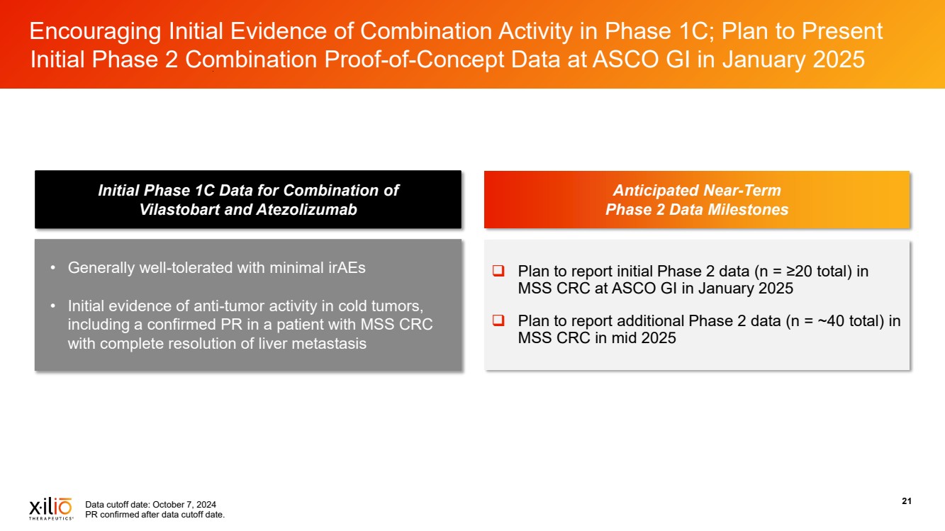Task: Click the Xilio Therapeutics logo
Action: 51,508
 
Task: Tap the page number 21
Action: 907,501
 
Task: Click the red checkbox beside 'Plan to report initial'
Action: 498,271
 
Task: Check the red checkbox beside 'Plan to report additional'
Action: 498,320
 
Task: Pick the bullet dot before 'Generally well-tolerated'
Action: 52,268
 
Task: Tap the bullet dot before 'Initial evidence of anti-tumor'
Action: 52,306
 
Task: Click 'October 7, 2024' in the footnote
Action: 184,505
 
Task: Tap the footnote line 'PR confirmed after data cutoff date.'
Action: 155,515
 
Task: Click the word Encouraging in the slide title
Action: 95,32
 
